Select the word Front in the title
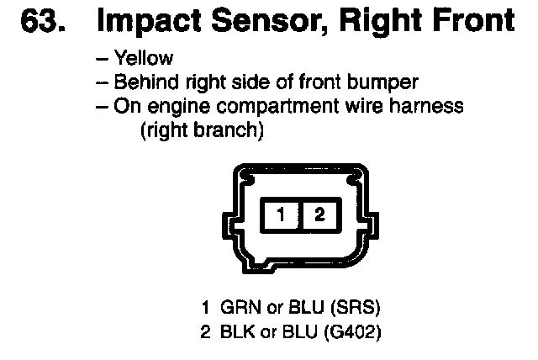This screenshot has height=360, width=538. pyautogui.click(x=472, y=22)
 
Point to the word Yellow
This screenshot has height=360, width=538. pyautogui.click(x=145, y=59)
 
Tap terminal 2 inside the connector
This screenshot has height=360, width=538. pyautogui.click(x=319, y=215)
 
